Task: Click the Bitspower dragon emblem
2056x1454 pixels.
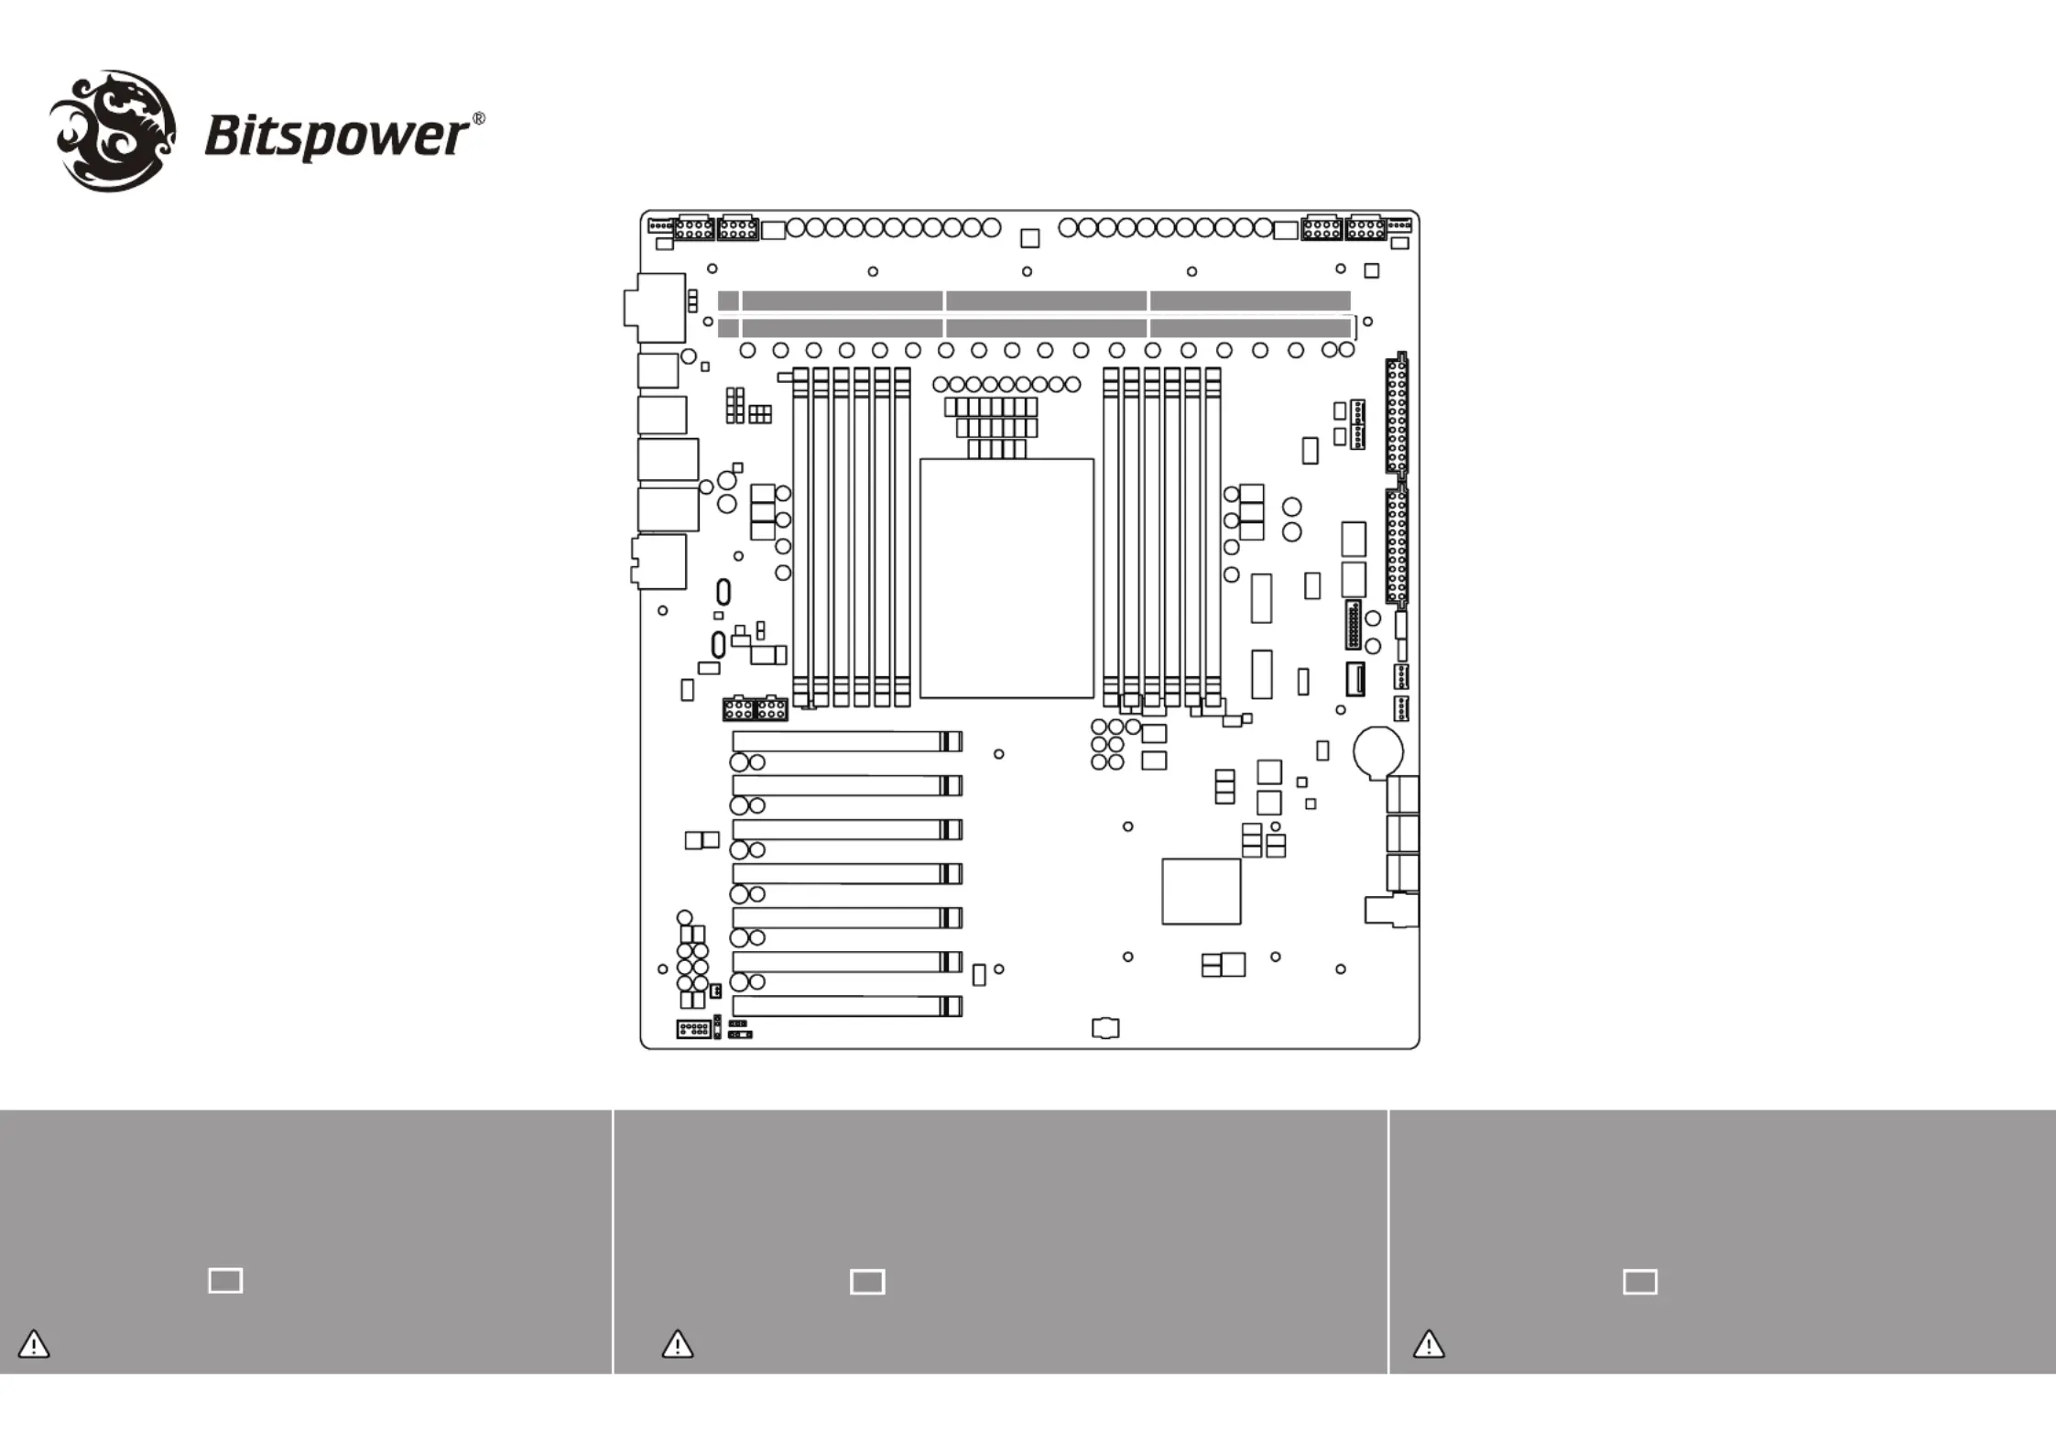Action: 112,131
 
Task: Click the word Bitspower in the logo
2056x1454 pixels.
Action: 336,137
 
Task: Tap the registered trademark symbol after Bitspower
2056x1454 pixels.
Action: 478,119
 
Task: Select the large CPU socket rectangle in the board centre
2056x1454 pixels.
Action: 1006,578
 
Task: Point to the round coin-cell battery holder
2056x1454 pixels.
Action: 1378,751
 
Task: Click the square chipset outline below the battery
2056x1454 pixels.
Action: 1201,891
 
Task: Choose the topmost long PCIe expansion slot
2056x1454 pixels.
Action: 846,741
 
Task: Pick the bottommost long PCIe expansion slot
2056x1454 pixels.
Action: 846,1006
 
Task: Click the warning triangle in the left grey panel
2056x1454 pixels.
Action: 34,1344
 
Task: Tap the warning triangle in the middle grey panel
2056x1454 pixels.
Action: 678,1344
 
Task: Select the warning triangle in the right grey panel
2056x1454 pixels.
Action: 1429,1344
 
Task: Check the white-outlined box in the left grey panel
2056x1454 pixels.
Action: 225,1281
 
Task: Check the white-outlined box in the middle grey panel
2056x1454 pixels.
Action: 867,1282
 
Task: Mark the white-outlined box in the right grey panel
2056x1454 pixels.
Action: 1640,1282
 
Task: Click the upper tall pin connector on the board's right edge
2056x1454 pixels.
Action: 1397,414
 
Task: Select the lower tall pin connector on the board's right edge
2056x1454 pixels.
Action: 1397,547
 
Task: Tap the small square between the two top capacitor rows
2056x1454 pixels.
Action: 1029,238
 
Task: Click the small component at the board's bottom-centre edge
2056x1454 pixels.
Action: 1105,1028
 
